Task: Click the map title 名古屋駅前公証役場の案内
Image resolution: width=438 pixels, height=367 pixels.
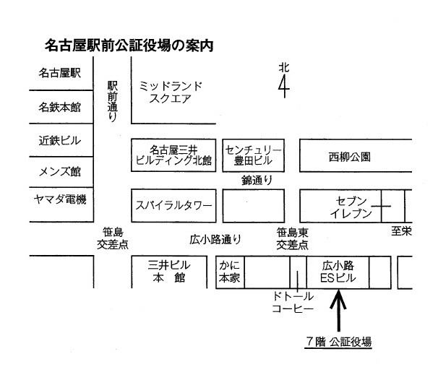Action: coord(129,46)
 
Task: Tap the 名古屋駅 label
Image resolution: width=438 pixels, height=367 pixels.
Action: coord(60,73)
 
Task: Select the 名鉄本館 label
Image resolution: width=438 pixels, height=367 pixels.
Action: coord(60,107)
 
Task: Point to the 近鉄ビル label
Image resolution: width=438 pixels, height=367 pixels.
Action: coord(60,140)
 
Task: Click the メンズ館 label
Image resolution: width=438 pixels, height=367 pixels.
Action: coord(60,171)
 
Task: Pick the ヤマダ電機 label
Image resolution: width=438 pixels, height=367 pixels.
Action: coord(60,199)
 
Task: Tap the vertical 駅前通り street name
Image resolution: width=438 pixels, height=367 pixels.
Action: coord(112,101)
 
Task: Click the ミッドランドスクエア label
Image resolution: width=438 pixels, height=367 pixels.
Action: coord(171,92)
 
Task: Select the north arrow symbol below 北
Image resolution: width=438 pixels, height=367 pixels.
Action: coord(284,86)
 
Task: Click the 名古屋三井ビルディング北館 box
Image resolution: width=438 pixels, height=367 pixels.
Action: coord(173,155)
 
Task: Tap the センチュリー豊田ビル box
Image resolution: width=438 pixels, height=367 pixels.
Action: coord(254,155)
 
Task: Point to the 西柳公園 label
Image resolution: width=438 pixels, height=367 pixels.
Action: coord(349,157)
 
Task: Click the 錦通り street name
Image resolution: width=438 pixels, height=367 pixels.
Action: coord(257,181)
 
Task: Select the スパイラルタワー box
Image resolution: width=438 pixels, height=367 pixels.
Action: coord(173,206)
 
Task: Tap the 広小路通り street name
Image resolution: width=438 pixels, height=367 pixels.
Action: coord(215,240)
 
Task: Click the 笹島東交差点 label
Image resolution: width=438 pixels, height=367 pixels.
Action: coord(293,239)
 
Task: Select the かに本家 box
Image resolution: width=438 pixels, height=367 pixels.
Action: coord(230,272)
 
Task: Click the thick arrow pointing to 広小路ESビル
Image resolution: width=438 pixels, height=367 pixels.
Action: coord(338,311)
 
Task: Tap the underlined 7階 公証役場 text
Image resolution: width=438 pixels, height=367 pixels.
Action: coord(338,342)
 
